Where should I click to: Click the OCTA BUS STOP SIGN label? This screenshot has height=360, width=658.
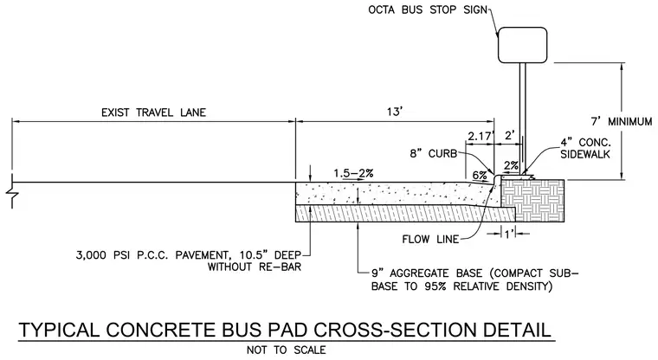click(428, 10)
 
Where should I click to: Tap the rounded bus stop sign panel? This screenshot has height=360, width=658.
click(522, 45)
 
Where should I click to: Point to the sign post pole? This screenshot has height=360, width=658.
click(522, 119)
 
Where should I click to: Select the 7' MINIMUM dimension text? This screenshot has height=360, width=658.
click(622, 122)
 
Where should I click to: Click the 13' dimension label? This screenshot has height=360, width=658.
click(395, 112)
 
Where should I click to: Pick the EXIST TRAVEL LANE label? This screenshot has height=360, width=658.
click(153, 112)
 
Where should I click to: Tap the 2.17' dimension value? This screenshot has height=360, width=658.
click(481, 136)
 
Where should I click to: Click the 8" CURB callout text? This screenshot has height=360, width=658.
click(434, 153)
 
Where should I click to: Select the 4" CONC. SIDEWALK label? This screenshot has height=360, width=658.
click(585, 148)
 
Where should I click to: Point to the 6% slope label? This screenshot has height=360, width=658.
click(480, 175)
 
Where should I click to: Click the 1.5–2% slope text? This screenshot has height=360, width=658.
click(353, 173)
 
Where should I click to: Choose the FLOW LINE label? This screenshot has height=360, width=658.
click(430, 239)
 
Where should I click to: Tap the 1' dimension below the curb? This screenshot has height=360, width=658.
click(509, 234)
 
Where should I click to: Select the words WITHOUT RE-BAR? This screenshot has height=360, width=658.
click(255, 267)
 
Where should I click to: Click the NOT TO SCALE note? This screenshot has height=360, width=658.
click(287, 350)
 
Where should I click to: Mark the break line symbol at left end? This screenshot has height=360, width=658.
click(12, 191)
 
